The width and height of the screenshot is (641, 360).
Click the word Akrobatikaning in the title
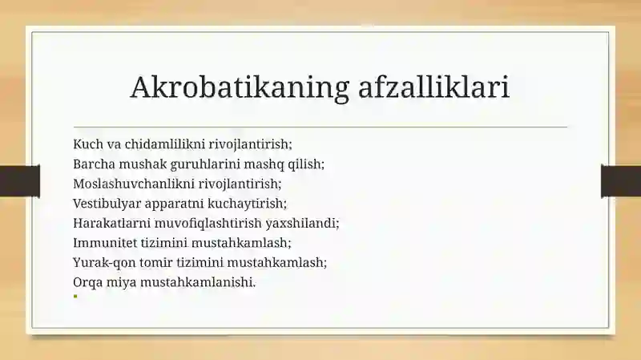(240, 87)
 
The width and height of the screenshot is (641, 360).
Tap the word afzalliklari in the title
(433, 87)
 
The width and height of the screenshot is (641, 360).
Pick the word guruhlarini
(205, 164)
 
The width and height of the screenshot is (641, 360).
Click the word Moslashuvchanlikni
(134, 184)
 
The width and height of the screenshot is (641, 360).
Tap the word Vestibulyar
(107, 204)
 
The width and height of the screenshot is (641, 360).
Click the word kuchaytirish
(248, 204)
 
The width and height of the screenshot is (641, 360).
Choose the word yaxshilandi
(303, 223)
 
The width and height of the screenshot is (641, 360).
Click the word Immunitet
(105, 243)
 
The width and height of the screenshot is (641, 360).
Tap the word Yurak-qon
(104, 262)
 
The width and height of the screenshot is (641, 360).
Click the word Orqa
(88, 282)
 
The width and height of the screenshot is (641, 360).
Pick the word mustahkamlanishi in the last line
(198, 282)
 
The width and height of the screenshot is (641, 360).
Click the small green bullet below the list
(75, 296)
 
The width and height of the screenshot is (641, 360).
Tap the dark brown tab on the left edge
(20, 181)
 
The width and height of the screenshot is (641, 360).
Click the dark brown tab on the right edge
(621, 181)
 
